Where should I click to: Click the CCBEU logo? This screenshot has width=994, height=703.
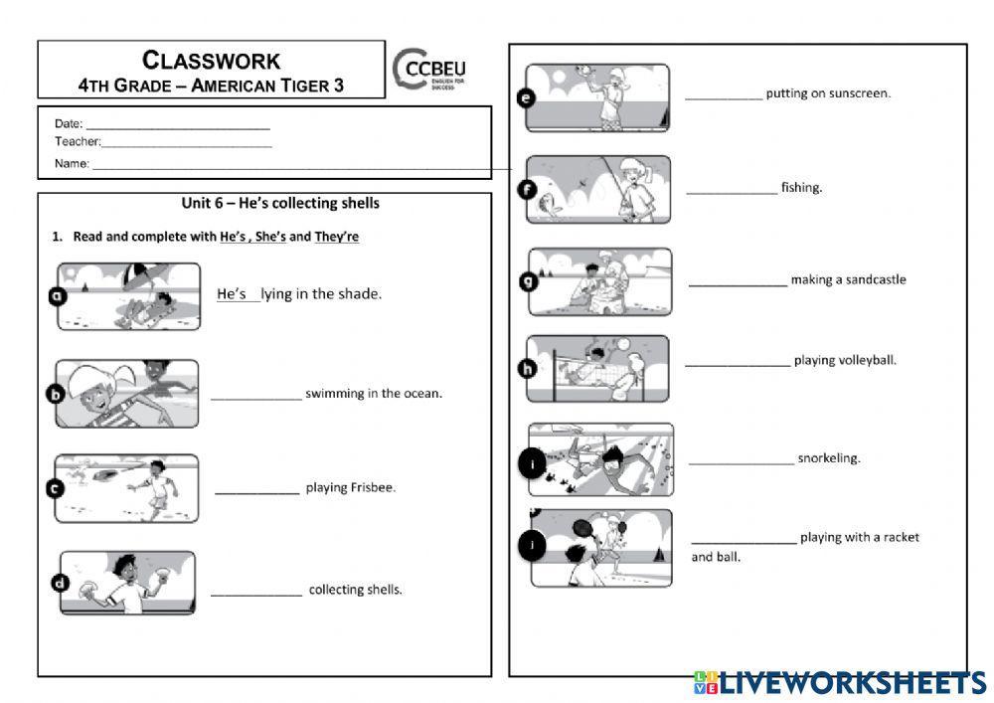[429, 70]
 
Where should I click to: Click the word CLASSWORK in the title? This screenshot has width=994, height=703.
[211, 61]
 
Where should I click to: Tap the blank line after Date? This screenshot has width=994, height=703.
[178, 128]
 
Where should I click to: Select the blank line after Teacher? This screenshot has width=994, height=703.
[187, 146]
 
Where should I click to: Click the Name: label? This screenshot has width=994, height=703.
[72, 163]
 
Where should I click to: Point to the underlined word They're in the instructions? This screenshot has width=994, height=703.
[337, 237]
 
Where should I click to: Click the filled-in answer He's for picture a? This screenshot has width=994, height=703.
[232, 294]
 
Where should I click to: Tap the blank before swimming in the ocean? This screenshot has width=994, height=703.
[256, 399]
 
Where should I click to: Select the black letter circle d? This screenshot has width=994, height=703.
[61, 583]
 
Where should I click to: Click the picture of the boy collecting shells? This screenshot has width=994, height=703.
[127, 583]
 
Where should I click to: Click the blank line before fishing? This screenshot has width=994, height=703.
[732, 192]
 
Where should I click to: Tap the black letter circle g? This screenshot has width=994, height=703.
[528, 280]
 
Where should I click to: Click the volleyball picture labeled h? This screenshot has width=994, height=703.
[597, 369]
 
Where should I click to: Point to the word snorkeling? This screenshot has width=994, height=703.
[829, 458]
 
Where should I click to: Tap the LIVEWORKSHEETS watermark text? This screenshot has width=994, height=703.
[853, 683]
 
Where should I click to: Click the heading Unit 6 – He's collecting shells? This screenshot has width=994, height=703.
[280, 204]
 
